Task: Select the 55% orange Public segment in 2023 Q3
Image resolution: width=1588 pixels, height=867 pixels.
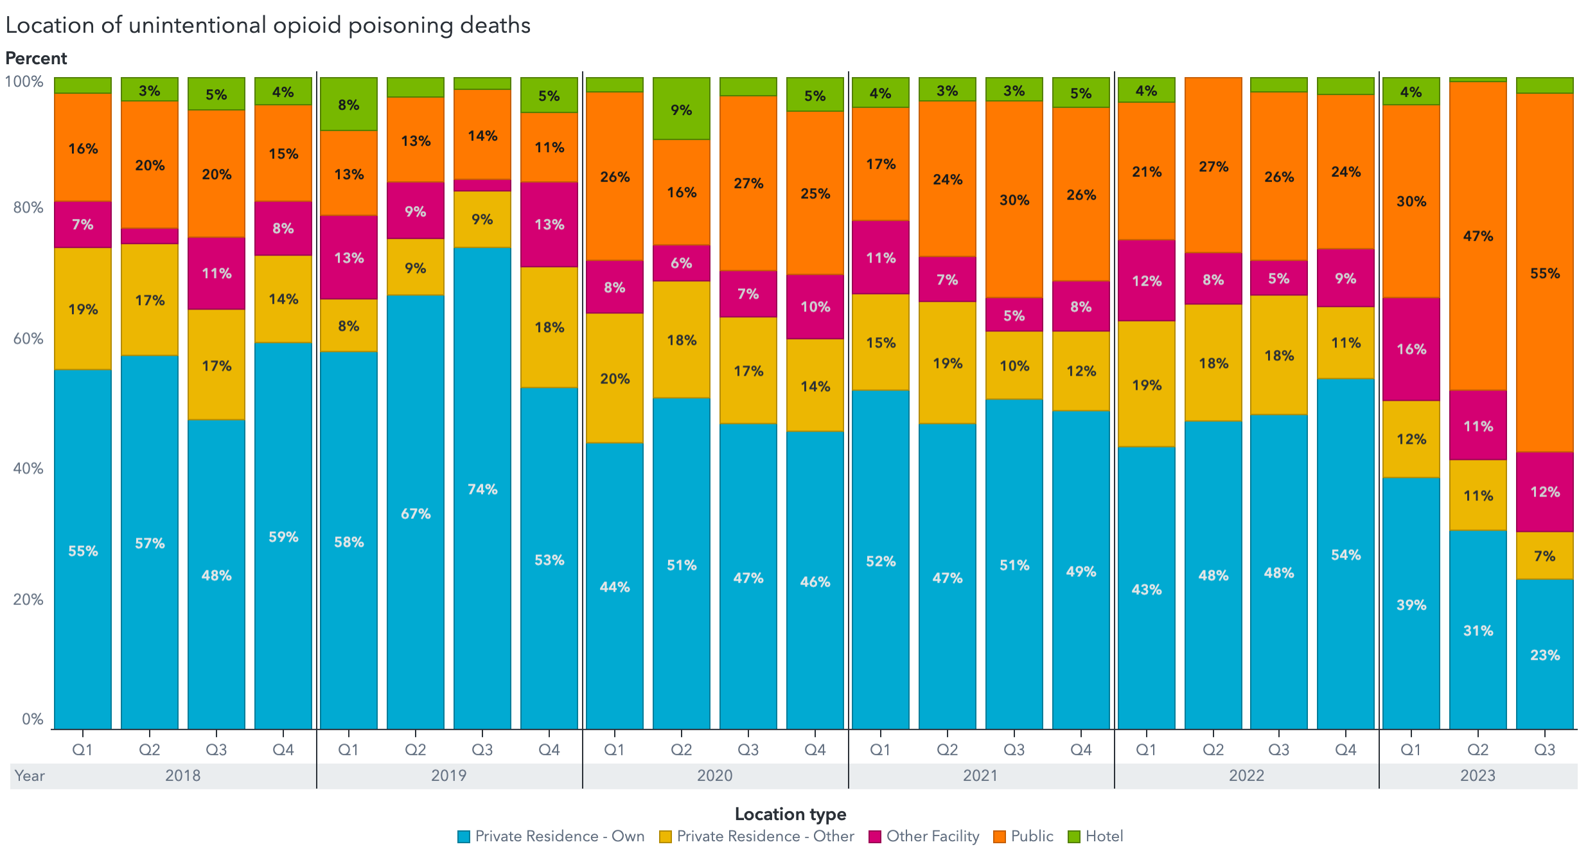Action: pyautogui.click(x=1544, y=273)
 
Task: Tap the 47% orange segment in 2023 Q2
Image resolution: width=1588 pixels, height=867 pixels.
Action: pyautogui.click(x=1478, y=236)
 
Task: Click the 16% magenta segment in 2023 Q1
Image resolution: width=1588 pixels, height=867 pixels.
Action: pyautogui.click(x=1411, y=349)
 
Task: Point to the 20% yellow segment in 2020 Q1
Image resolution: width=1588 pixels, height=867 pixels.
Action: pyautogui.click(x=614, y=378)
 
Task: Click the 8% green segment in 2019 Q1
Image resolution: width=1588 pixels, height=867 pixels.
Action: pyautogui.click(x=348, y=104)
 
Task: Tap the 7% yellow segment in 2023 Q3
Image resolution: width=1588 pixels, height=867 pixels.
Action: pyautogui.click(x=1544, y=556)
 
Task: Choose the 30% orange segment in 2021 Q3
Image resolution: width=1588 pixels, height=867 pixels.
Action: pyautogui.click(x=1014, y=200)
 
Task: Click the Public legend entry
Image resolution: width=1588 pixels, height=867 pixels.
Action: pyautogui.click(x=1024, y=836)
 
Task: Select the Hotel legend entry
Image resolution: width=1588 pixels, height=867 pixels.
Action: pyautogui.click(x=1096, y=836)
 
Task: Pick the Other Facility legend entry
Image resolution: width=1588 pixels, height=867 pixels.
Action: pyautogui.click(x=924, y=836)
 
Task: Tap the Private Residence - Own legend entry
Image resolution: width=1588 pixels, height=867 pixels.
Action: pyautogui.click(x=551, y=836)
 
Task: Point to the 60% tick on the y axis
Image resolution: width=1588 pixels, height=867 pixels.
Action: pyautogui.click(x=28, y=338)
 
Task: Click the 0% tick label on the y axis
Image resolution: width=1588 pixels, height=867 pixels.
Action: pyautogui.click(x=32, y=719)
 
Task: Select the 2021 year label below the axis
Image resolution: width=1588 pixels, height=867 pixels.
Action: pyautogui.click(x=980, y=776)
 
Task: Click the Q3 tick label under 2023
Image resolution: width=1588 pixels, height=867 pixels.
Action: pyautogui.click(x=1544, y=749)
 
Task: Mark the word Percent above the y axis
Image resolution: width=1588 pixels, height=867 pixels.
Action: pyautogui.click(x=36, y=58)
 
